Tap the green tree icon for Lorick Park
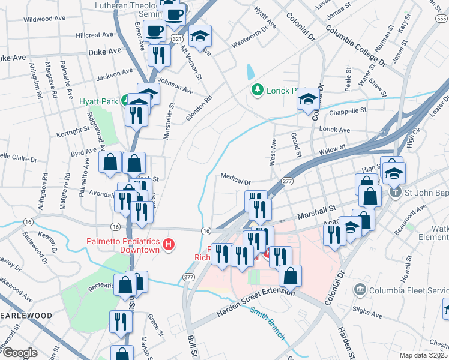click(258, 89)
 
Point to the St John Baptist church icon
click(394, 192)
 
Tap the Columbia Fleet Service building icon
click(360, 289)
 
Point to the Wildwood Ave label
click(44, 19)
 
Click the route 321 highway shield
click(176, 38)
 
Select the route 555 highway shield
click(441, 20)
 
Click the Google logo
click(20, 353)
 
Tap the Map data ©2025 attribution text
click(423, 355)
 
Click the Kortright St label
click(72, 130)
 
